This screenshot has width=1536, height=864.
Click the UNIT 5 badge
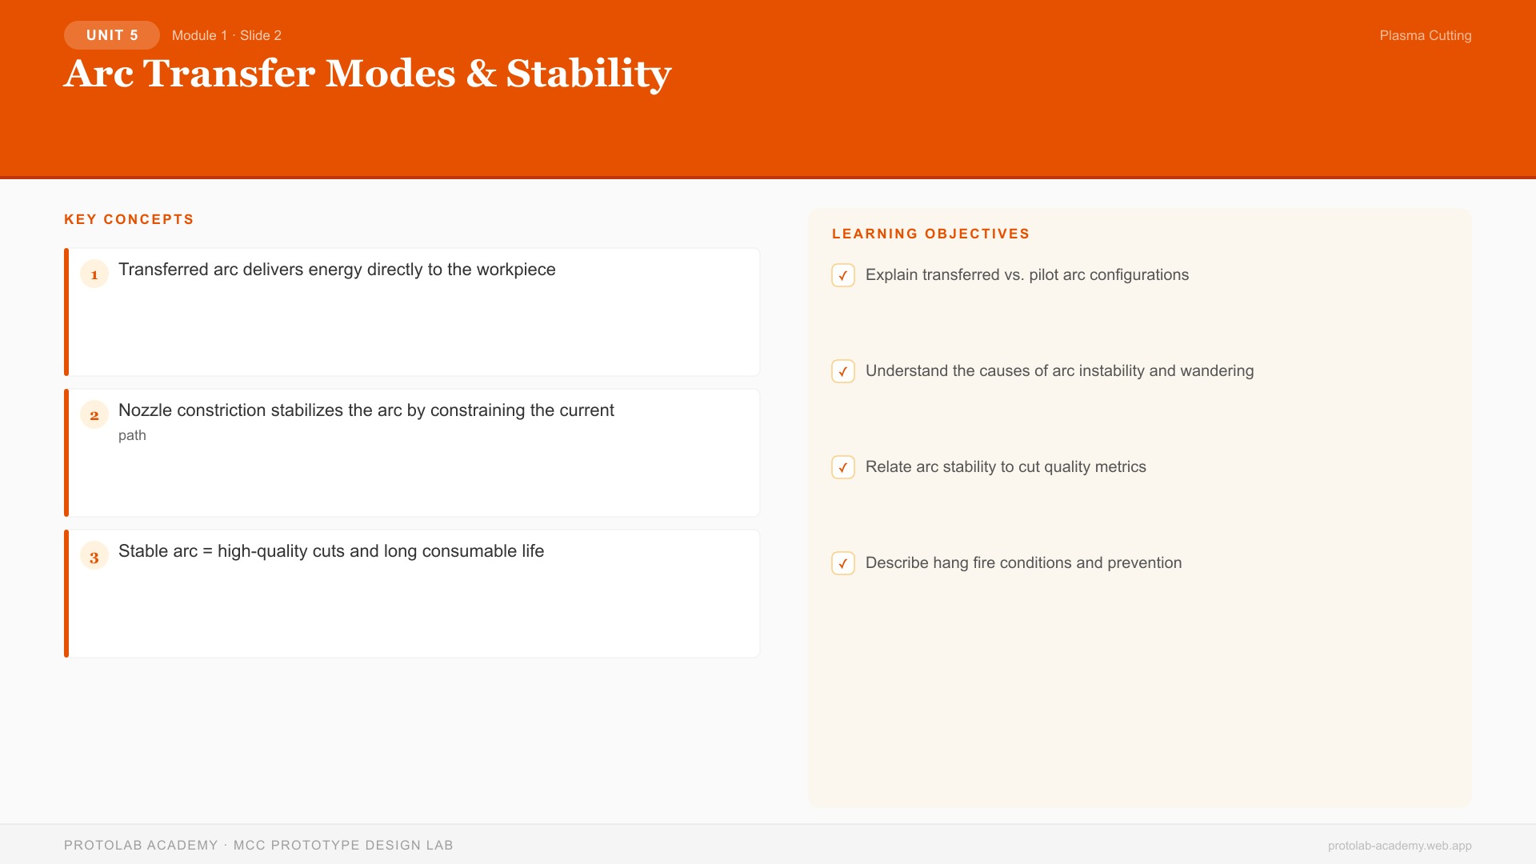[112, 35]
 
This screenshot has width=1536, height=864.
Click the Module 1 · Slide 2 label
[226, 35]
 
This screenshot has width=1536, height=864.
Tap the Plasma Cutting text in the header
[1425, 35]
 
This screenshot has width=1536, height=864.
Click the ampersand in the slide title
[481, 74]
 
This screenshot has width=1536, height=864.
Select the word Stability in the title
[589, 74]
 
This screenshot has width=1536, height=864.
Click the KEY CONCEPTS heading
[129, 219]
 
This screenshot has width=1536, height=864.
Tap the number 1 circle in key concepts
[94, 274]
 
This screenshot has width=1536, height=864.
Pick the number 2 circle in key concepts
[94, 415]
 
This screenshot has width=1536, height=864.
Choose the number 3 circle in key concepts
[94, 557]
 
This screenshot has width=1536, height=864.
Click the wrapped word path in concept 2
[132, 435]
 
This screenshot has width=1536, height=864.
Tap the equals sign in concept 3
[207, 551]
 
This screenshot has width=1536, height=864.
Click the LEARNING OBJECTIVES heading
[930, 234]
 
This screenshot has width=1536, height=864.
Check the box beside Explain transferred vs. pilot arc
[843, 275]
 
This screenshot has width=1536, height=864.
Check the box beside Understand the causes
[843, 371]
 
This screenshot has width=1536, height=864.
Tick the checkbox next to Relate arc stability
[843, 467]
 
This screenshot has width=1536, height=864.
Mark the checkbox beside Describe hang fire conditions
[843, 563]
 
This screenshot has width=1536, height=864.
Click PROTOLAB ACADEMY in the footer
[141, 845]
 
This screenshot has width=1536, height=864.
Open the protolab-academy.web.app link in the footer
[1399, 846]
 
